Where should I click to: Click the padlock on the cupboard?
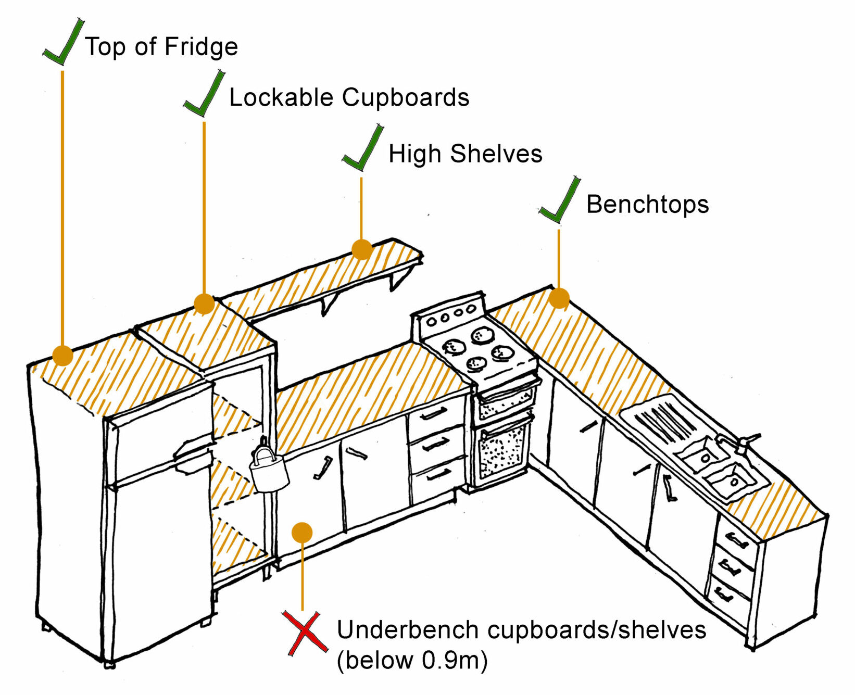point(269,471)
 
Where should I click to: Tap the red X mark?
point(305,632)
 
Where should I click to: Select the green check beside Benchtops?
point(560,200)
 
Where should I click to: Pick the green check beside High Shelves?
point(363,149)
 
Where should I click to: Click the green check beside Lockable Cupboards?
point(204,94)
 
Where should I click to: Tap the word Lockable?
point(281,97)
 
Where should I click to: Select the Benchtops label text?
point(647,204)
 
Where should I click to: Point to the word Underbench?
point(409,630)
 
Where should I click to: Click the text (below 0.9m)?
point(412,661)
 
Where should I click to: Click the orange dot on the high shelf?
point(362,249)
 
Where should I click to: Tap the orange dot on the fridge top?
point(62,355)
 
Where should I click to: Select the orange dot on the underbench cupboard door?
point(302,532)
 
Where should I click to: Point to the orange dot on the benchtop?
point(559,298)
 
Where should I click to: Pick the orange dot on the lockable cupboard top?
point(204,304)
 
